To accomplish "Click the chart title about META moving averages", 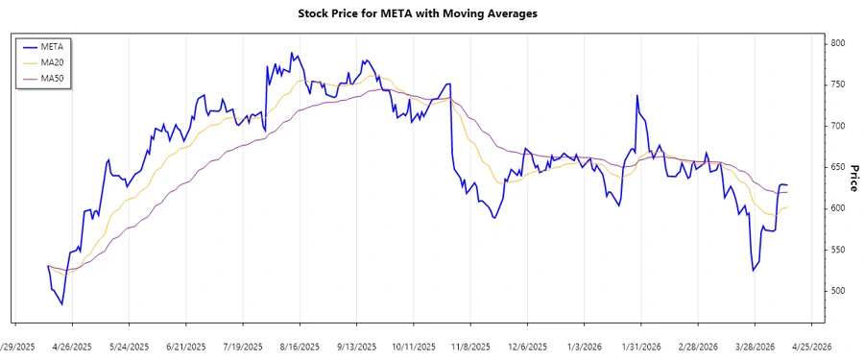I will (432, 14).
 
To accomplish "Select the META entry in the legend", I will (52, 45).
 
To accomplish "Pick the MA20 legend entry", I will (52, 61).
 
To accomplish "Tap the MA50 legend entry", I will (52, 78).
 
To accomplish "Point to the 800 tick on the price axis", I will (838, 43).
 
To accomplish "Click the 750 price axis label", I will (838, 84).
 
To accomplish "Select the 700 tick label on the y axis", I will (838, 126).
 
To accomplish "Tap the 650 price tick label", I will (838, 167).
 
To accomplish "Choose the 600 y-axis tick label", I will (838, 208).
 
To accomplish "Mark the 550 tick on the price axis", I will (838, 250).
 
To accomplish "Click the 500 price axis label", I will (838, 291).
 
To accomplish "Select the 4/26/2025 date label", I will (72, 347).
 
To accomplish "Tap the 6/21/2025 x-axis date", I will (186, 347).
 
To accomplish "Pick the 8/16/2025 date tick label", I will (300, 347).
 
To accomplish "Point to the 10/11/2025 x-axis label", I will (414, 347).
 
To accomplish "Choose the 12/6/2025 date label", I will (527, 347).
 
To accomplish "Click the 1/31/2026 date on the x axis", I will (641, 347).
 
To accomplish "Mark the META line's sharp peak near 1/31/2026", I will (636, 96).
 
